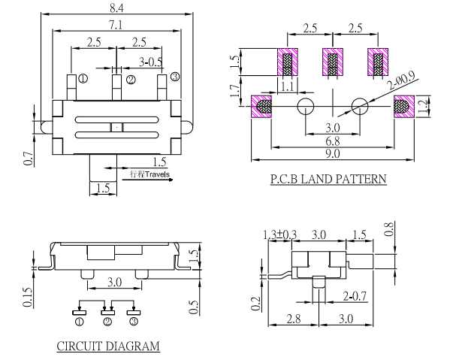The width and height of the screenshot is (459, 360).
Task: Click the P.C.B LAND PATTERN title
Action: tap(328, 180)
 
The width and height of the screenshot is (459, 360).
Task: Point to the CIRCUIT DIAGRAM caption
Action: tap(108, 346)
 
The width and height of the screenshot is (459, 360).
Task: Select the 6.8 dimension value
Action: tap(331, 141)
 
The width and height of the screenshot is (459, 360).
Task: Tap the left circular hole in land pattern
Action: tap(305, 107)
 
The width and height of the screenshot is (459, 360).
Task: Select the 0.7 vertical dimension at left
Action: tap(29, 157)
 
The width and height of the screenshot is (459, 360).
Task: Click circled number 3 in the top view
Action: tap(174, 76)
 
